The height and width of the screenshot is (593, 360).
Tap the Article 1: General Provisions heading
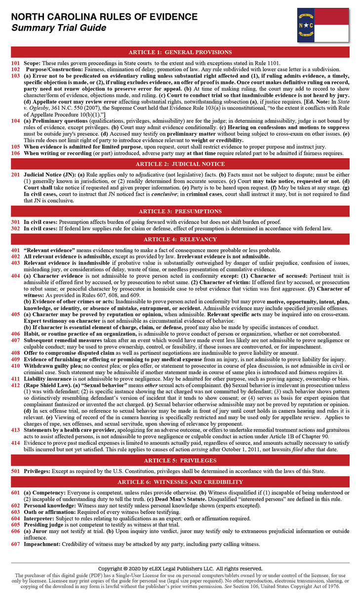(180, 52)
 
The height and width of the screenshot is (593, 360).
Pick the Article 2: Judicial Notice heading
(180, 164)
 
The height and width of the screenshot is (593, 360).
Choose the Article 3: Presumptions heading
(180, 211)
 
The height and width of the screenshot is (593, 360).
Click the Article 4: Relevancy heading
(180, 239)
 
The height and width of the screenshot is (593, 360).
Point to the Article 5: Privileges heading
(180, 461)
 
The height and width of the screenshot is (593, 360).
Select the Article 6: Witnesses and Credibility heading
(180, 482)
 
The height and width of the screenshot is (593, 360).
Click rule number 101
(15, 63)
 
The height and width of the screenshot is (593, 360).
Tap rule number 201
(15, 175)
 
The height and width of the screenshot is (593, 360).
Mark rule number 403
(15, 263)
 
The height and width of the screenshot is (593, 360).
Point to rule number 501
(15, 471)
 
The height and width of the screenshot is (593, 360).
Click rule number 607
(15, 544)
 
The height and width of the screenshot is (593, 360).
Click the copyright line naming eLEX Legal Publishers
(180, 569)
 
